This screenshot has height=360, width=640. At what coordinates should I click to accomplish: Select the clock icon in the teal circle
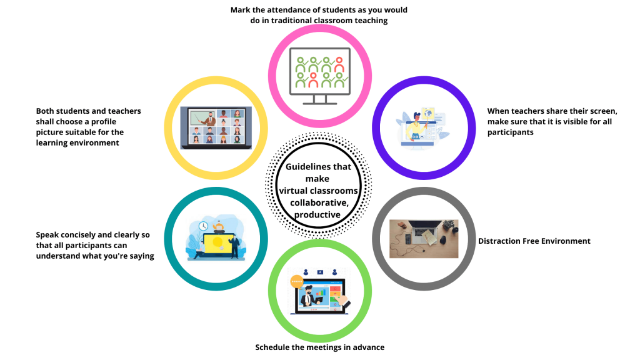tap(204, 226)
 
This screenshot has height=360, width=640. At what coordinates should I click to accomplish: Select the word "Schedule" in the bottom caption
tap(272, 347)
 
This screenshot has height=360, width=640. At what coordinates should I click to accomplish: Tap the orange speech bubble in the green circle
tap(296, 282)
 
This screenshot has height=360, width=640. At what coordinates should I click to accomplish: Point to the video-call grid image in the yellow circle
tap(211, 127)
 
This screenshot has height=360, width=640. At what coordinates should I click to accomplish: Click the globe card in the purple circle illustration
tap(427, 113)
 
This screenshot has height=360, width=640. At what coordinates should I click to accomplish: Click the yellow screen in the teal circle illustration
tap(216, 242)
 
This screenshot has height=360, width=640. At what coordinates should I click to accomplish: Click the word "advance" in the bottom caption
tap(368, 347)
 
